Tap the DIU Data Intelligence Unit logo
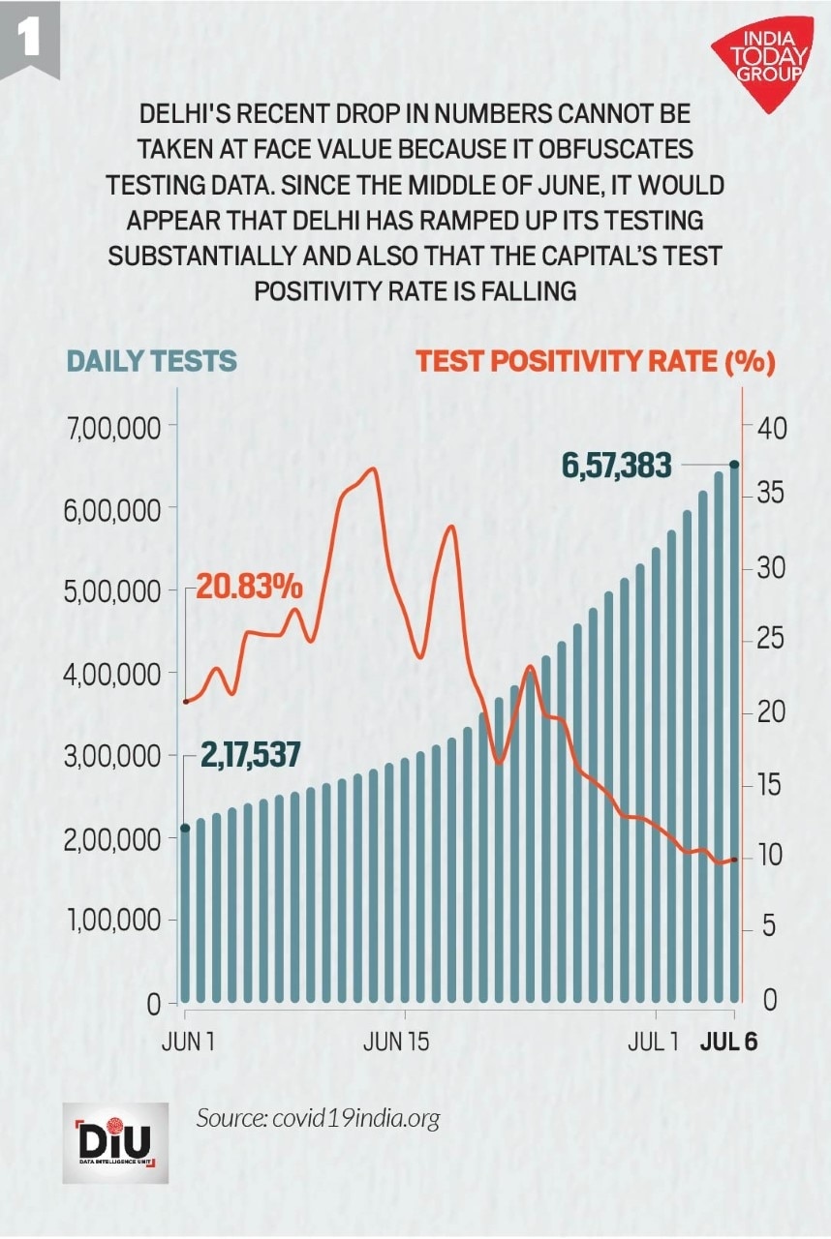[x=115, y=1142]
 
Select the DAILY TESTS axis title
[x=151, y=361]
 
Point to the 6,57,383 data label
[x=616, y=467]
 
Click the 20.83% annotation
[x=250, y=587]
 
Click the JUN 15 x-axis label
[x=395, y=1043]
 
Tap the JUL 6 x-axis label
[x=728, y=1043]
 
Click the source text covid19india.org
[x=318, y=1118]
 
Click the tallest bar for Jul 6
[x=734, y=736]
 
